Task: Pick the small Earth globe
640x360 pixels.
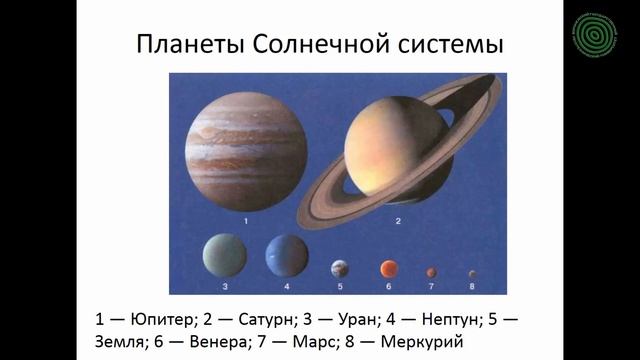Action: (341, 268)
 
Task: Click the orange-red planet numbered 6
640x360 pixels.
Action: (388, 268)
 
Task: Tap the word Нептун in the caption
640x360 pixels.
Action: (452, 320)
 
